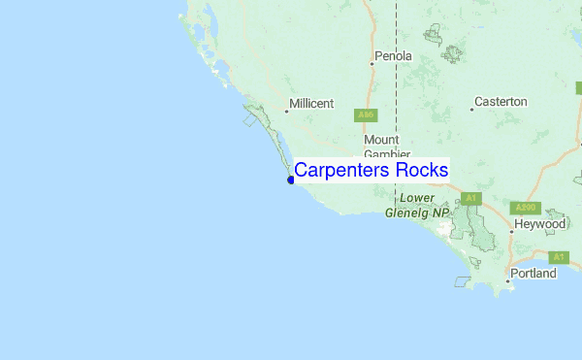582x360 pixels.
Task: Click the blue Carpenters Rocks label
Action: [371, 170]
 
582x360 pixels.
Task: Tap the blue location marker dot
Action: [291, 180]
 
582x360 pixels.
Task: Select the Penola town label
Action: [393, 56]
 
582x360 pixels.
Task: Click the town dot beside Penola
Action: [372, 64]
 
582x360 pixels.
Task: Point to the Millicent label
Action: [310, 103]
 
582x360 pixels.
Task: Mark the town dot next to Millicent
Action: [286, 111]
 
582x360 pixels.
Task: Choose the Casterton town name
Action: [500, 101]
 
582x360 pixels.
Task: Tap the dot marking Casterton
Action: [471, 109]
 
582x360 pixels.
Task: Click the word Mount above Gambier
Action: [381, 140]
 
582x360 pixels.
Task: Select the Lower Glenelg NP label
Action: [417, 205]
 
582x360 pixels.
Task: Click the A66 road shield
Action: [366, 115]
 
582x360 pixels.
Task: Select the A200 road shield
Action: [526, 208]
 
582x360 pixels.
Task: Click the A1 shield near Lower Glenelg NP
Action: [471, 198]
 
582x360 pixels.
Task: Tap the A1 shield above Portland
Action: [558, 257]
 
